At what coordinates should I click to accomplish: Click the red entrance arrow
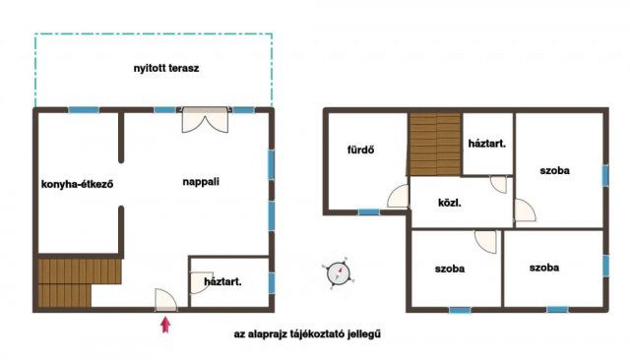pos(165,325)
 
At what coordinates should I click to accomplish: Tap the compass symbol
pos(338,273)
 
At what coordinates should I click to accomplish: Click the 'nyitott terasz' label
pos(166,68)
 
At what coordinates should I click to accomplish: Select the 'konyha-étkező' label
pos(77,184)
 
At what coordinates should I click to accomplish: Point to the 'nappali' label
pos(201,182)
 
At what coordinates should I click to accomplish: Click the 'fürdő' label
pos(361,150)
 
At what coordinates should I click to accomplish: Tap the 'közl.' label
pos(450,203)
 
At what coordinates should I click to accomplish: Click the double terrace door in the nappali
pos(206,120)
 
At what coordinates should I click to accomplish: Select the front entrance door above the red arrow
pos(166,300)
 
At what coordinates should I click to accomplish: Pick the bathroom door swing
pos(399,197)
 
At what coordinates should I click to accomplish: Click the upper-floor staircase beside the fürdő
pos(435,144)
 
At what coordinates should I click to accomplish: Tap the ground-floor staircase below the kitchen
pos(80,282)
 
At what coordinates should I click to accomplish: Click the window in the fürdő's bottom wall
pos(369,211)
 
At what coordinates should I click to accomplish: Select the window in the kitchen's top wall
pos(84,109)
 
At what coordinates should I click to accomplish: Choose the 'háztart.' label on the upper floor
pos(487,144)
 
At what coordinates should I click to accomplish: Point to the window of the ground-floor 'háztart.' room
pos(272,283)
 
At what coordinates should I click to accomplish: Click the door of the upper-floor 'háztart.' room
pos(499,184)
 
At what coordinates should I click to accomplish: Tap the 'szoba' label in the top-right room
pos(554,170)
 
